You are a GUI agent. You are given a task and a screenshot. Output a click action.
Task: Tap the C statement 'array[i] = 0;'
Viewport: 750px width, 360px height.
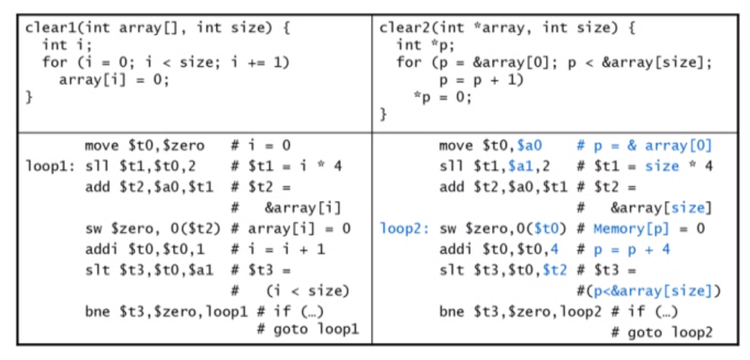point(114,79)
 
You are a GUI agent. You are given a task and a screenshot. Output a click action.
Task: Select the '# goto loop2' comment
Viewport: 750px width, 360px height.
point(662,332)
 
